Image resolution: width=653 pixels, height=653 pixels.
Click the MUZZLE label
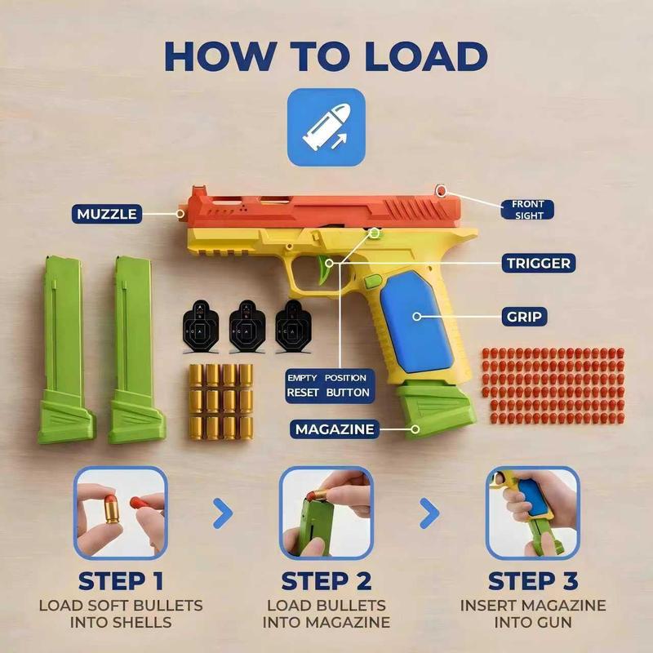point(106,215)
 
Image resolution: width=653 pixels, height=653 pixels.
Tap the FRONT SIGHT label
point(528,210)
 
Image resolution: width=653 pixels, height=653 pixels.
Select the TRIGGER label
point(536,264)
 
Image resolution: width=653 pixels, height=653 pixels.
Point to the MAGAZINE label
point(335,429)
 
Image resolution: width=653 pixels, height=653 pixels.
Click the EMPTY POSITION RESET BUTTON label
point(327,385)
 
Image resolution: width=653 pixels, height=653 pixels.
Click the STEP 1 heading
point(121,582)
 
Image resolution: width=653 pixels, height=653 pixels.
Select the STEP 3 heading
point(532,582)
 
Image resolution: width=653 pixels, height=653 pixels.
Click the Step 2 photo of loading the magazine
point(326,513)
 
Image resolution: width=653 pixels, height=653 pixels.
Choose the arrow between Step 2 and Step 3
point(429,513)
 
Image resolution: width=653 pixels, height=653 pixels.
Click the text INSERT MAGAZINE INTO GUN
point(532,614)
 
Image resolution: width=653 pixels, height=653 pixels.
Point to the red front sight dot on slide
point(442,191)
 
